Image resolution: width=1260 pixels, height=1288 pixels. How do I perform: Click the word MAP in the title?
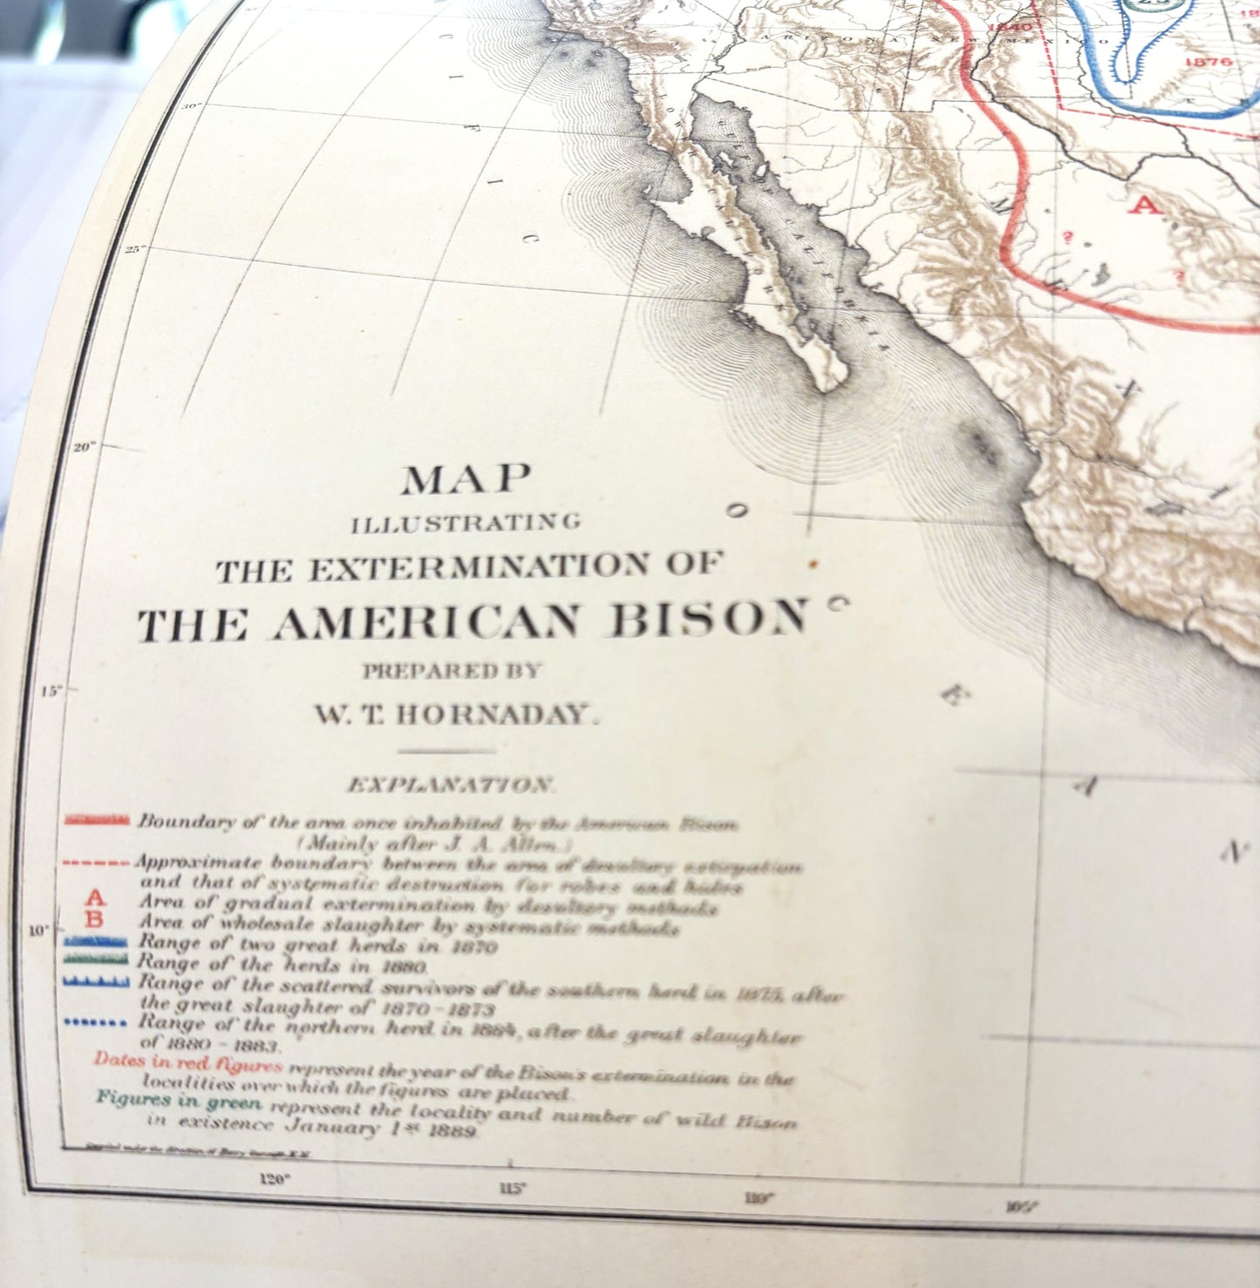pyautogui.click(x=466, y=479)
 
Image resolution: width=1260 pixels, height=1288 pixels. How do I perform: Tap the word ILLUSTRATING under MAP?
pyautogui.click(x=466, y=524)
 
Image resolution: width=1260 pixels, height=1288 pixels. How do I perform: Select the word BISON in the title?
pyautogui.click(x=707, y=620)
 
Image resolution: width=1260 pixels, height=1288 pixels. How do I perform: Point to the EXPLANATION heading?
pyautogui.click(x=449, y=785)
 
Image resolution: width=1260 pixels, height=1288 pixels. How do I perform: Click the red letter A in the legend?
pyautogui.click(x=96, y=898)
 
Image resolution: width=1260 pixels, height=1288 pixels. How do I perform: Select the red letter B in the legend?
pyautogui.click(x=96, y=919)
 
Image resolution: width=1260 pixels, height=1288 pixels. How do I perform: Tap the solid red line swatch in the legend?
pyautogui.click(x=97, y=820)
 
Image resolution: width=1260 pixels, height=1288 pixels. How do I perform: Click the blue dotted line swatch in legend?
pyautogui.click(x=97, y=1022)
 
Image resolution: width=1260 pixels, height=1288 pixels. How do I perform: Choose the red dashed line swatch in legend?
pyautogui.click(x=97, y=863)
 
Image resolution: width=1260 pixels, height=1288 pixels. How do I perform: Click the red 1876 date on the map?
pyautogui.click(x=1209, y=62)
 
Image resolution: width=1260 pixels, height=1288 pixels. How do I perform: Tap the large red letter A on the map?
pyautogui.click(x=1146, y=206)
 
